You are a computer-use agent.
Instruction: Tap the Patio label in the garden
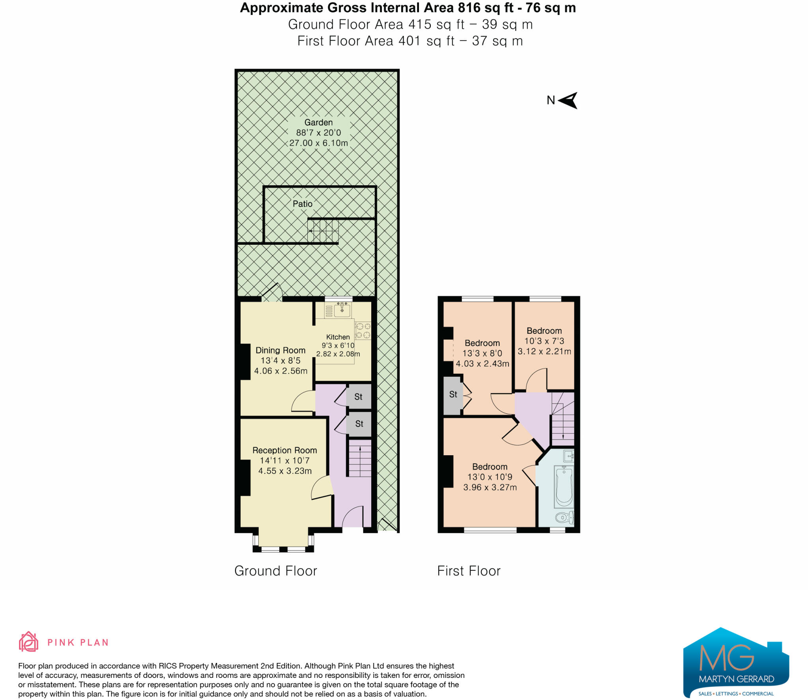[302, 204]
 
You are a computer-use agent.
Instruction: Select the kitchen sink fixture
[342, 310]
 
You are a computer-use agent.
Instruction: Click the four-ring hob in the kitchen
[363, 331]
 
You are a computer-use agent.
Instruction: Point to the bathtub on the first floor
[564, 487]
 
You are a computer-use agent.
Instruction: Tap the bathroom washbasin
[569, 456]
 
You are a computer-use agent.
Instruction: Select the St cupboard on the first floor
[453, 395]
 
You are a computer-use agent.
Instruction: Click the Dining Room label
[280, 350]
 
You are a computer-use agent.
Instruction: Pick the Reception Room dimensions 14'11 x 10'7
[284, 460]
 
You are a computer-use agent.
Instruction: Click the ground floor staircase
[360, 458]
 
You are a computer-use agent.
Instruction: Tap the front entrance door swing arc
[352, 516]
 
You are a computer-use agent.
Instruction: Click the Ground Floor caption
[275, 571]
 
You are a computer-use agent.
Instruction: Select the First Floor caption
[469, 571]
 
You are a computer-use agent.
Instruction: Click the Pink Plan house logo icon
[28, 642]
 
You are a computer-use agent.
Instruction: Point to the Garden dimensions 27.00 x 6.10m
[318, 143]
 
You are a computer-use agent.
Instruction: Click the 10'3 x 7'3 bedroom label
[544, 341]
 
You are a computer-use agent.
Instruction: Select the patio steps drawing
[323, 231]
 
